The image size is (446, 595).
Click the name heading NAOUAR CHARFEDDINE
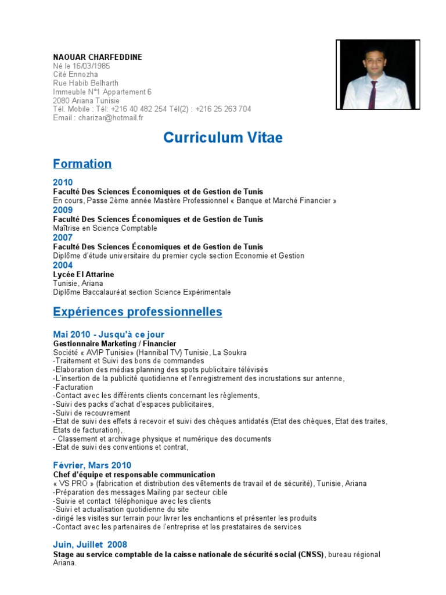(x=98, y=57)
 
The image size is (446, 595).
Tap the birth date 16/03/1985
(x=93, y=66)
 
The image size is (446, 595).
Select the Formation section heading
(x=82, y=164)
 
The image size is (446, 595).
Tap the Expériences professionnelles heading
(x=137, y=312)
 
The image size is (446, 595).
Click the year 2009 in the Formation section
(x=63, y=210)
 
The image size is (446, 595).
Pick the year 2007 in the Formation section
(x=63, y=238)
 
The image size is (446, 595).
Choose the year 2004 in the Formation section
(x=63, y=266)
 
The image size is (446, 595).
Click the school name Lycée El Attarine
(x=84, y=274)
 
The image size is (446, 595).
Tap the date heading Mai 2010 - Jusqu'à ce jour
(x=109, y=335)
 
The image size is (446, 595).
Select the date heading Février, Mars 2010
(x=92, y=465)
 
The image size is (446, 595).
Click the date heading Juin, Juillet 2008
(x=90, y=545)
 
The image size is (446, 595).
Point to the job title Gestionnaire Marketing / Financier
(x=114, y=343)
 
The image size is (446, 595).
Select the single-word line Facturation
(x=73, y=387)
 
